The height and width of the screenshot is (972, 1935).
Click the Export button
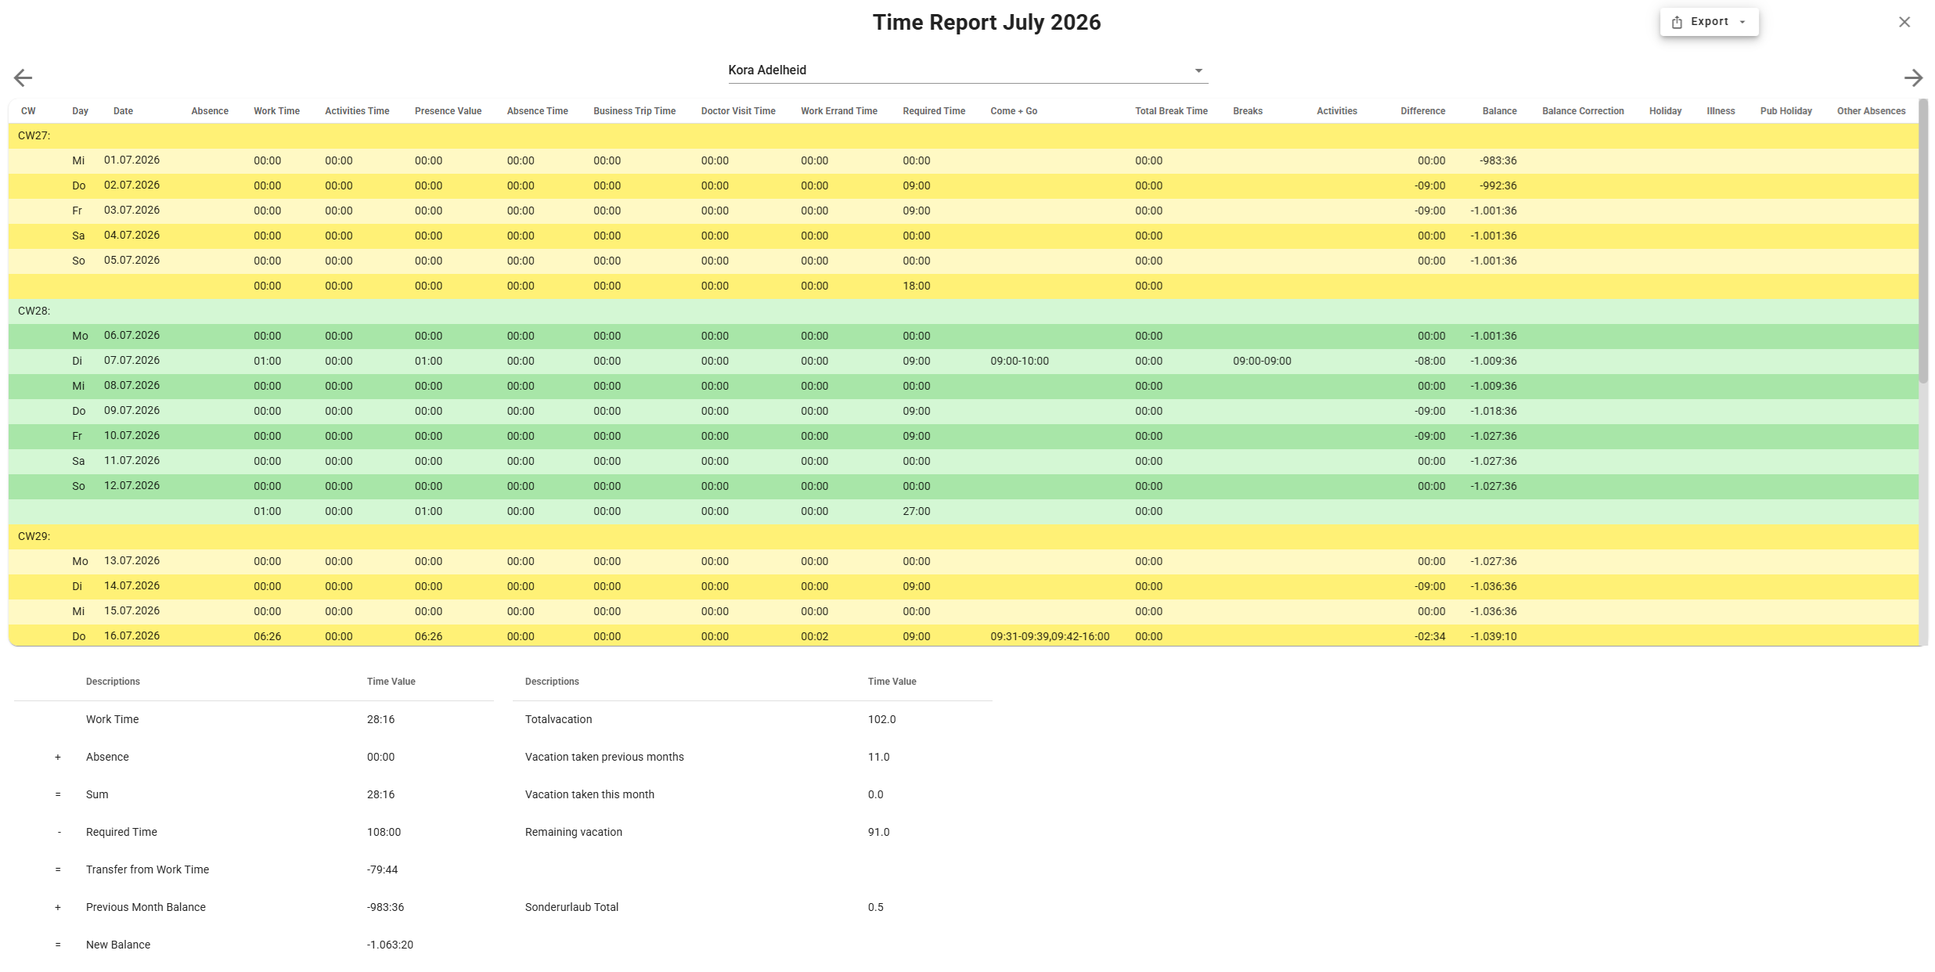[x=1709, y=22]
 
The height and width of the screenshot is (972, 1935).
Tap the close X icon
[x=1904, y=22]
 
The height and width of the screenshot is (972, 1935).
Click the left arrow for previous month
[x=23, y=77]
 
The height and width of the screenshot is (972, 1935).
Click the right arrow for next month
[x=1913, y=77]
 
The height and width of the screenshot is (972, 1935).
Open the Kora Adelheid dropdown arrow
[x=1198, y=70]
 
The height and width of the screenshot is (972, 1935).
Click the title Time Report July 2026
[x=986, y=22]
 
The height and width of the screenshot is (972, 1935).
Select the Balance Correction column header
[x=1583, y=111]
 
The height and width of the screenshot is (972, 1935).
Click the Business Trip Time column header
[x=634, y=111]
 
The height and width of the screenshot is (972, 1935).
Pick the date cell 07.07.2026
[x=132, y=360]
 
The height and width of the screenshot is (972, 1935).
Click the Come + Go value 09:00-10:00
[x=1019, y=361]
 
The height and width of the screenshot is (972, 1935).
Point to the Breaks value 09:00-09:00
[x=1262, y=361]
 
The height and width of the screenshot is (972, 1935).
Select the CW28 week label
[x=34, y=311]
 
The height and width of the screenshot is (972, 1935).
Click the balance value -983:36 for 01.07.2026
[x=1498, y=160]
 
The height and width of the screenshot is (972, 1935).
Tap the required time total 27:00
[x=917, y=511]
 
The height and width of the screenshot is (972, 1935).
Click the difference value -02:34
[x=1429, y=636]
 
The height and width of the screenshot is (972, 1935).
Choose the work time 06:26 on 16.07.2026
[x=268, y=636]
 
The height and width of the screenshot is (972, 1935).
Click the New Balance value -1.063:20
[x=390, y=945]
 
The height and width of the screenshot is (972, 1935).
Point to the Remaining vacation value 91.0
[x=878, y=832]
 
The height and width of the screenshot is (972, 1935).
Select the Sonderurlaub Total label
[x=571, y=907]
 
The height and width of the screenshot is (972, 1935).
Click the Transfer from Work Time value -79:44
[x=382, y=869]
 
